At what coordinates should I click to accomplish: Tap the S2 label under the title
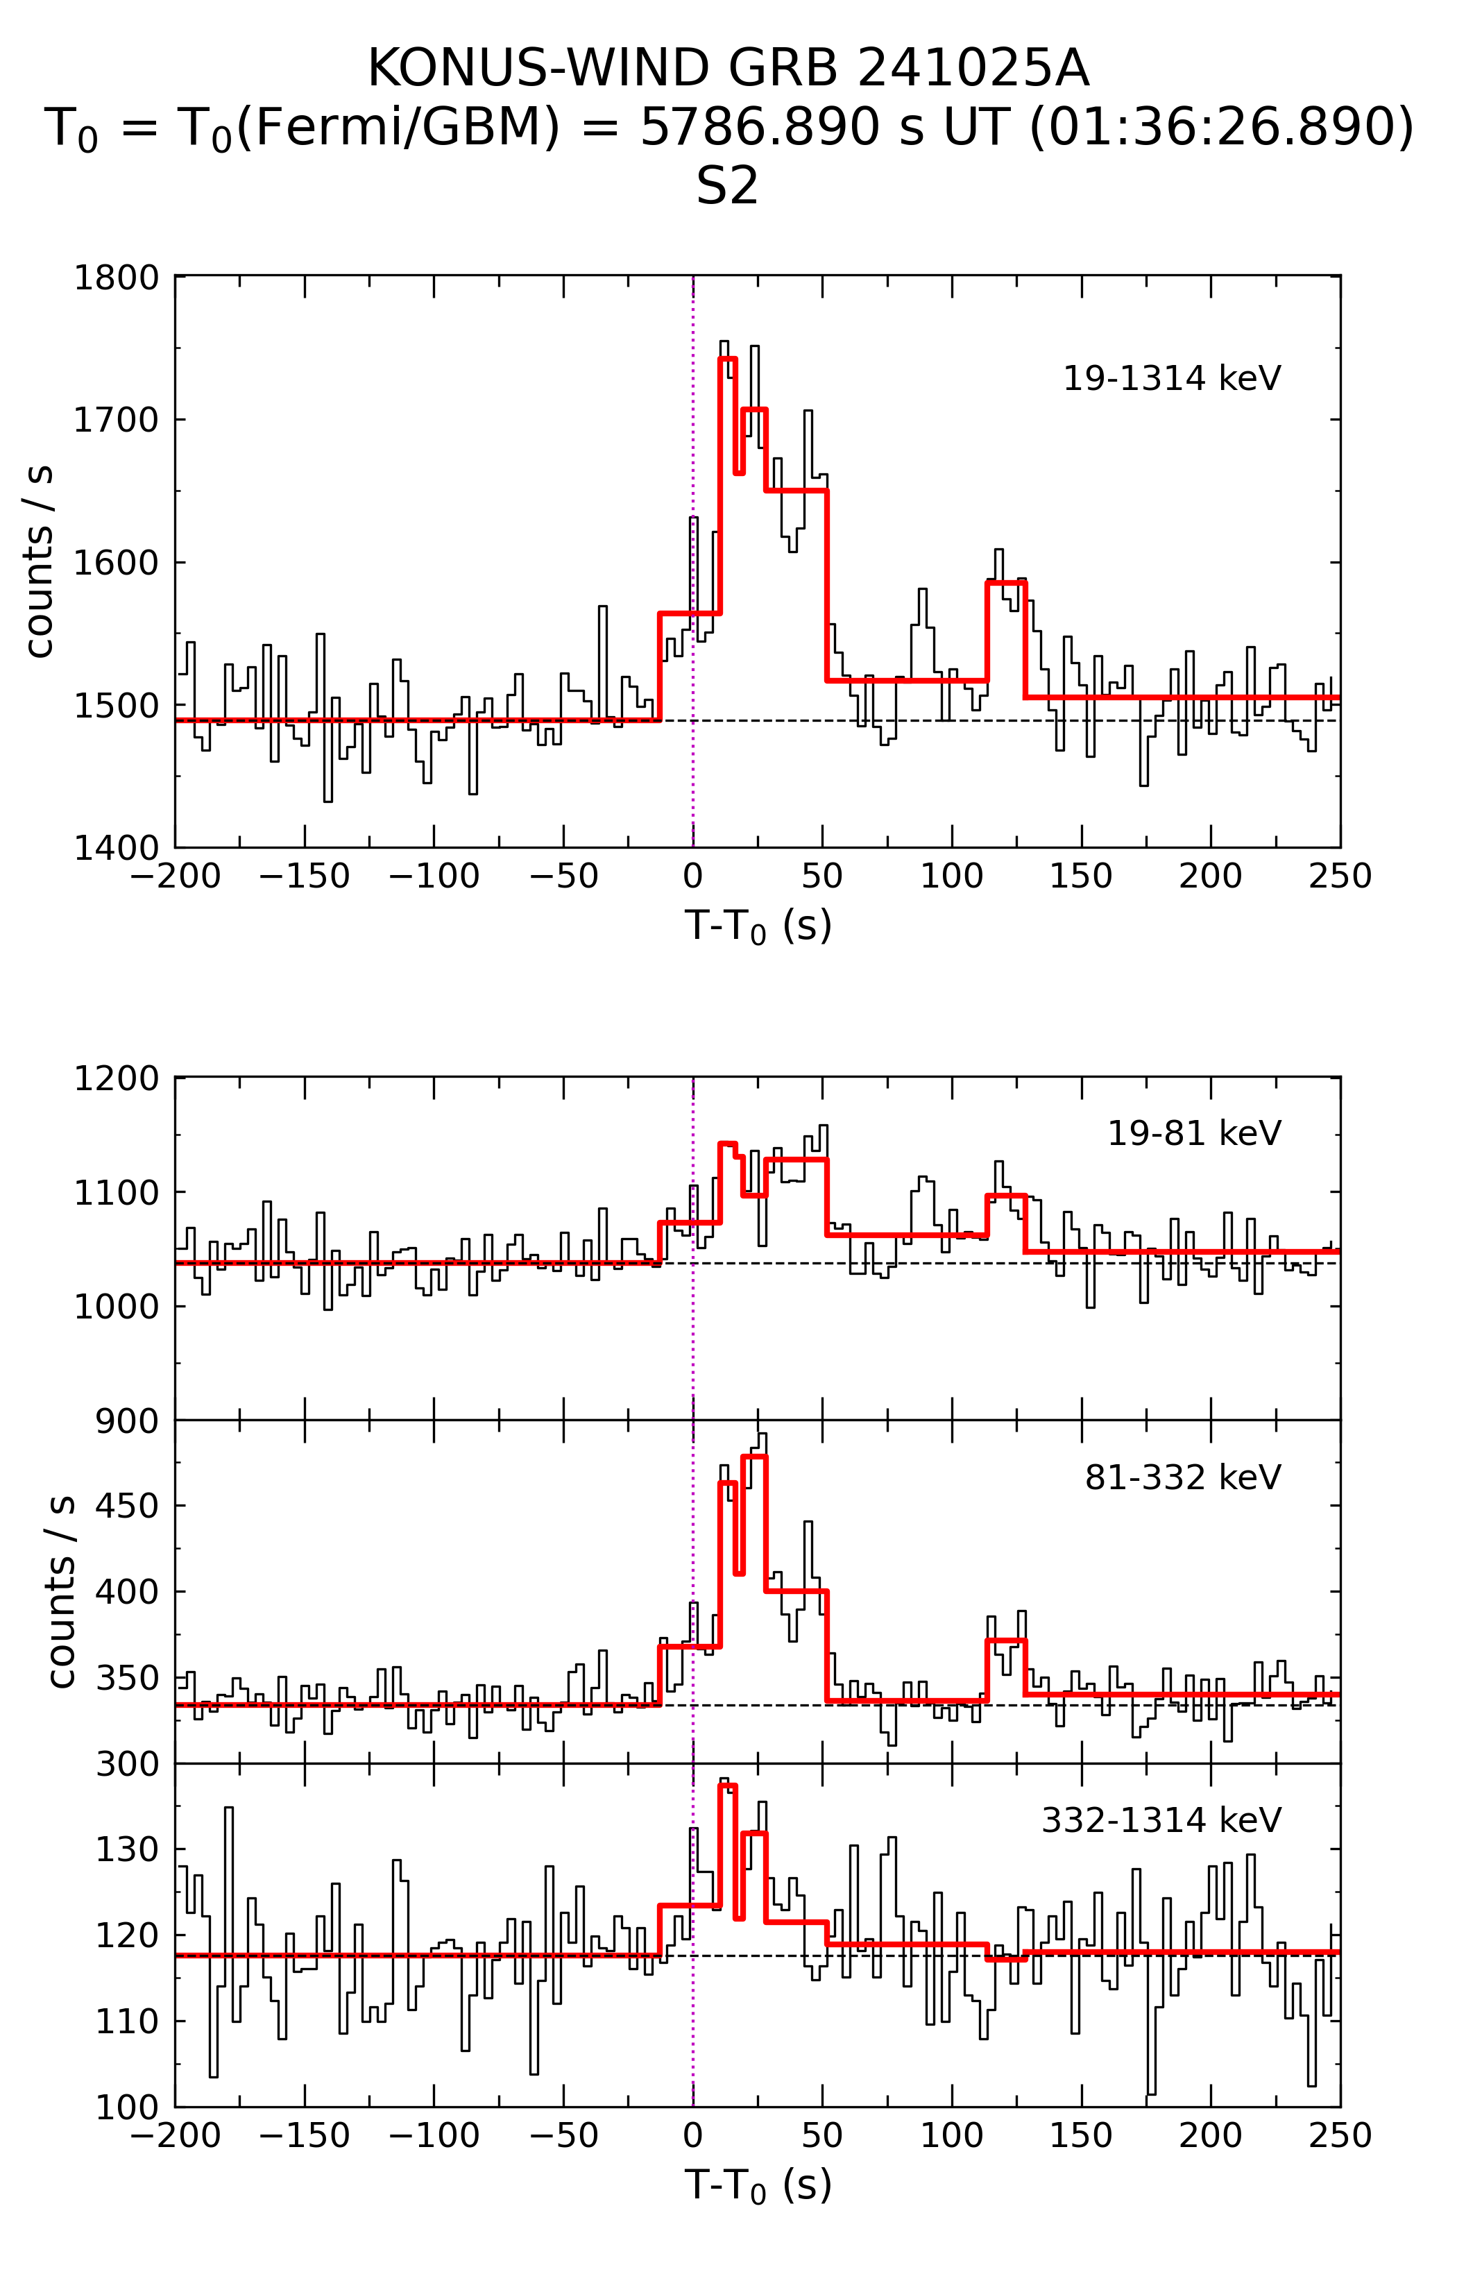(x=728, y=185)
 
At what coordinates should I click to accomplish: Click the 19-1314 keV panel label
(x=1172, y=378)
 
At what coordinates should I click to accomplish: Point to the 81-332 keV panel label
(x=1183, y=1478)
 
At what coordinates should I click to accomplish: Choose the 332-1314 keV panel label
(x=1161, y=1820)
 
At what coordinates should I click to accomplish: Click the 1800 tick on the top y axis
(x=116, y=278)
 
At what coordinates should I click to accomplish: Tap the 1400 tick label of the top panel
(x=116, y=847)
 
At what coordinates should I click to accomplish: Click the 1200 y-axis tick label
(x=116, y=1079)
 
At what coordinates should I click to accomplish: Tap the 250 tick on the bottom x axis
(x=1339, y=2136)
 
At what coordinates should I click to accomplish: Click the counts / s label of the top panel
(x=40, y=561)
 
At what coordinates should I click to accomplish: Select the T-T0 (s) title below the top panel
(x=758, y=926)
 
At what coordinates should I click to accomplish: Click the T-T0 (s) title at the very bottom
(x=758, y=2185)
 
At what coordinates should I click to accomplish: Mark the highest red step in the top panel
(x=728, y=359)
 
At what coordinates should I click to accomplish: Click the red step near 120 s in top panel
(x=1006, y=582)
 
